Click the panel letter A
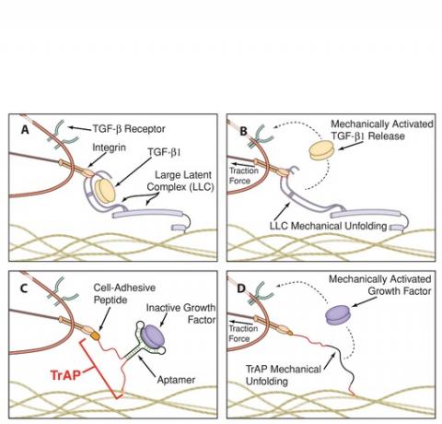[x=25, y=130]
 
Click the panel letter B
[x=243, y=131]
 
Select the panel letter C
[x=25, y=289]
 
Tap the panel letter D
[x=242, y=289]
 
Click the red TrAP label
[x=65, y=375]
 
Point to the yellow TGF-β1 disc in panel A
[x=105, y=191]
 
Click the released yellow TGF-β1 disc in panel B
[x=321, y=150]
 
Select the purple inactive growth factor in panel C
[x=154, y=336]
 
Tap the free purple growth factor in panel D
[x=337, y=315]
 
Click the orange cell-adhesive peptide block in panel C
[x=96, y=336]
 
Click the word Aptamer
[x=176, y=380]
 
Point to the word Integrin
[x=110, y=147]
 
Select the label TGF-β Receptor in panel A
[x=129, y=129]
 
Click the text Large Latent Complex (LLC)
[x=180, y=181]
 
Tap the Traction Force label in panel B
[x=244, y=175]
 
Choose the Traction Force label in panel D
[x=243, y=334]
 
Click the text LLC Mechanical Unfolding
[x=328, y=226]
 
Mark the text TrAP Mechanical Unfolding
[x=284, y=375]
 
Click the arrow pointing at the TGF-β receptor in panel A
[x=80, y=127]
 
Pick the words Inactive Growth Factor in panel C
[x=180, y=313]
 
